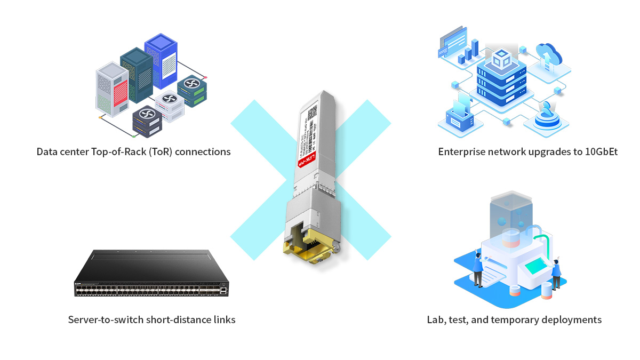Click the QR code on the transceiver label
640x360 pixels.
[312, 113]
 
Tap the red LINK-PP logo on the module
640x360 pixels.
[306, 158]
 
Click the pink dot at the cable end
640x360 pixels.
[205, 77]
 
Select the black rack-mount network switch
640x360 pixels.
[153, 276]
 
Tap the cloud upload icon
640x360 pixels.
[548, 54]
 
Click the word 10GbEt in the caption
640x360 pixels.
[602, 152]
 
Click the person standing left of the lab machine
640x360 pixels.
[477, 269]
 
